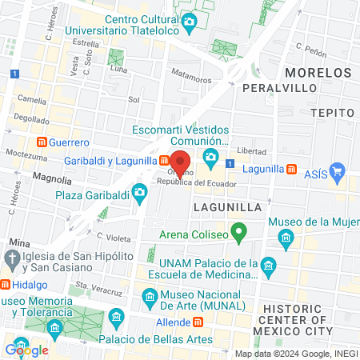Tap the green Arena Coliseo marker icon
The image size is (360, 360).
click(x=238, y=234)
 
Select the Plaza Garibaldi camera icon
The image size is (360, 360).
click(x=140, y=193)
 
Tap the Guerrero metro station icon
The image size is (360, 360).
click(x=39, y=142)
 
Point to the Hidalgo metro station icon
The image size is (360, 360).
click(x=5, y=284)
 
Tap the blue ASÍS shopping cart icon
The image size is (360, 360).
click(x=337, y=170)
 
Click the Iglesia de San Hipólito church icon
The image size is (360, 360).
click(x=11, y=258)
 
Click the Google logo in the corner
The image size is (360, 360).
click(x=26, y=350)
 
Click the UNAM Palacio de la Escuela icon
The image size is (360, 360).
click(x=268, y=265)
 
